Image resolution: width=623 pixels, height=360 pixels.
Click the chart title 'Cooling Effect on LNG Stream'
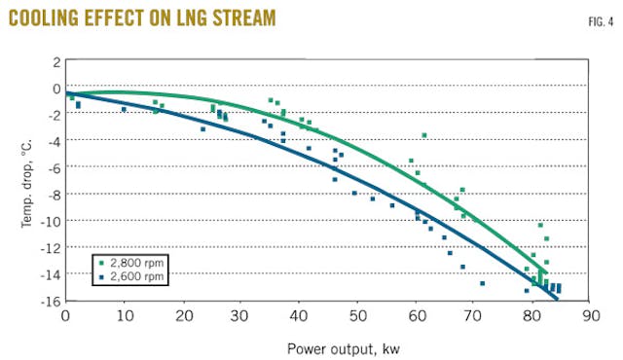click(x=141, y=18)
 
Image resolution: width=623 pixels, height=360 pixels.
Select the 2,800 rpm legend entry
click(x=132, y=263)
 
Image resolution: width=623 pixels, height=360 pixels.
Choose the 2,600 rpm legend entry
click(x=132, y=277)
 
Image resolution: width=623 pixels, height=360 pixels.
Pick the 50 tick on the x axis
click(x=357, y=316)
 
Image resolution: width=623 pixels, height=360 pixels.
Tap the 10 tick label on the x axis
click(x=124, y=316)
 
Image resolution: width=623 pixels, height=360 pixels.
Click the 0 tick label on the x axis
click(x=65, y=316)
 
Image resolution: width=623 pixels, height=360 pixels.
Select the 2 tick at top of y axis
click(x=55, y=61)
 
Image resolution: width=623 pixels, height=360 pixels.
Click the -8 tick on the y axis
click(x=53, y=195)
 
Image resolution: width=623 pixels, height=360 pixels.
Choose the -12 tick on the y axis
click(x=49, y=248)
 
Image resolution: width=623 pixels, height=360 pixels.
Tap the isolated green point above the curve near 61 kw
click(x=423, y=135)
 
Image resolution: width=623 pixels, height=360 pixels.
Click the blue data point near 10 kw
click(x=124, y=109)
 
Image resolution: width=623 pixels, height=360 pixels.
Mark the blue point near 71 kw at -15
click(x=483, y=284)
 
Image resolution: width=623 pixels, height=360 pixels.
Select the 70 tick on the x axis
click(x=474, y=316)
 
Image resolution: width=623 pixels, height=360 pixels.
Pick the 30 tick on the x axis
click(x=240, y=316)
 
